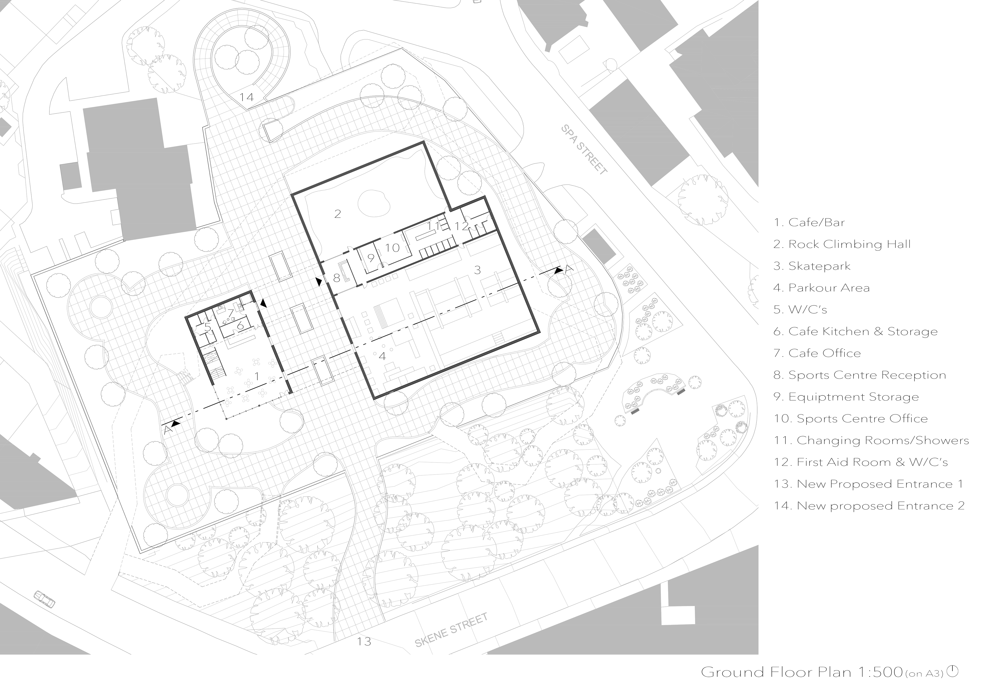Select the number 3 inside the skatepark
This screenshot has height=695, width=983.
click(477, 270)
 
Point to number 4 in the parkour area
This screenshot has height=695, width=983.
click(382, 356)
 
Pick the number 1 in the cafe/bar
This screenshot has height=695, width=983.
click(257, 376)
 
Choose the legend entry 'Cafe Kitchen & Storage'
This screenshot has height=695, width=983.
click(856, 332)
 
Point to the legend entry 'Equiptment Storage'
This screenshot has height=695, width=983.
click(846, 397)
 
